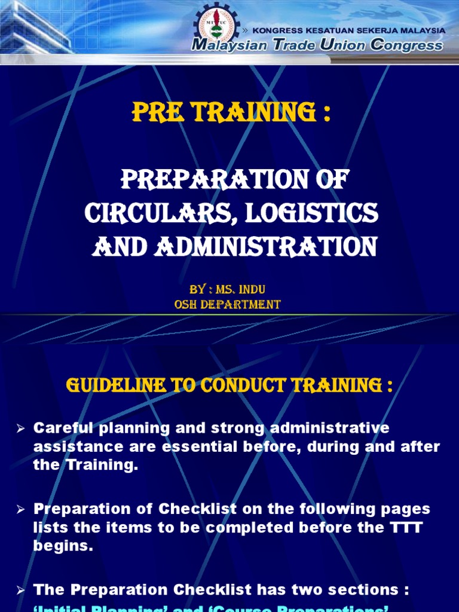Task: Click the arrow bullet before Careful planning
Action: click(x=20, y=428)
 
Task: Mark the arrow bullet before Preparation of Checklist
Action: click(x=20, y=509)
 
